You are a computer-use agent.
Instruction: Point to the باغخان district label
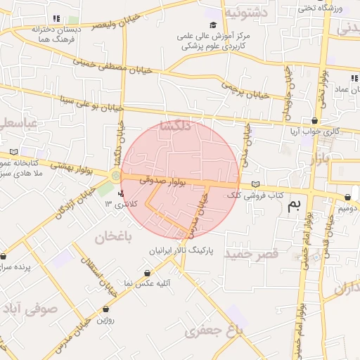click(x=109, y=237)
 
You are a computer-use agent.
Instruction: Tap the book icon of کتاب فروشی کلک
click(x=255, y=184)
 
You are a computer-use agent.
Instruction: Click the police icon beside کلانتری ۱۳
click(x=122, y=193)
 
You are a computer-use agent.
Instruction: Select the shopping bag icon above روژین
click(x=105, y=308)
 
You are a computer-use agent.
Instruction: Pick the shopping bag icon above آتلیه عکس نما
click(x=147, y=273)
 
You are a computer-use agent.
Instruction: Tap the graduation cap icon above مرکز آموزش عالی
click(x=213, y=25)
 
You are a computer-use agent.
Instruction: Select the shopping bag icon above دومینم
click(x=347, y=198)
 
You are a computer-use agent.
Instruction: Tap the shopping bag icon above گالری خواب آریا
click(x=314, y=121)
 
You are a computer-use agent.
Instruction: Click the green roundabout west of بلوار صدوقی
click(x=115, y=174)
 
